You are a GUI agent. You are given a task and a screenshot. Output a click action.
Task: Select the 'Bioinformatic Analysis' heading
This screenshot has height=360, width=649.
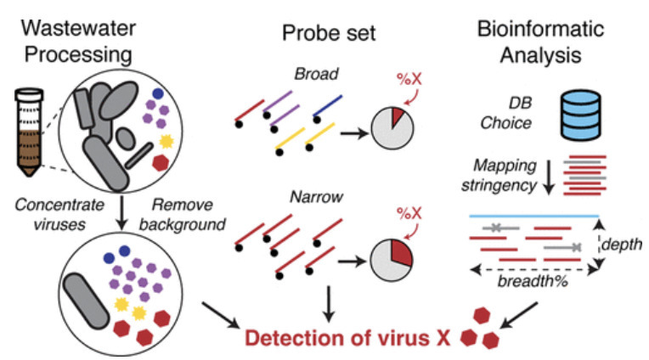click(x=540, y=42)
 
